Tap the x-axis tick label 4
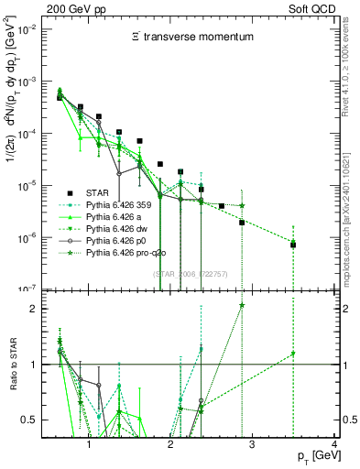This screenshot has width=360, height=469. [334, 446]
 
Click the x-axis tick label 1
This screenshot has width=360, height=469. [89, 446]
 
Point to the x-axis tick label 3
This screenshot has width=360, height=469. [253, 446]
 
